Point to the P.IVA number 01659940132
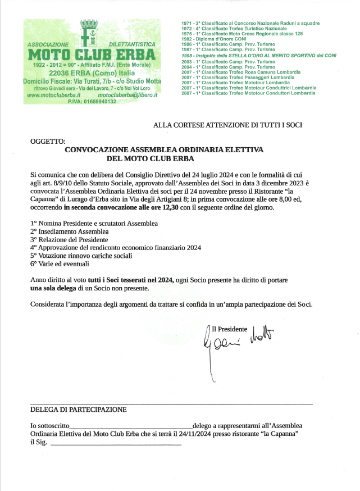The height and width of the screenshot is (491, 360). pyautogui.click(x=92, y=102)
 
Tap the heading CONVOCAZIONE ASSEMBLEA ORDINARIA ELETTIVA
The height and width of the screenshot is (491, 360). pyautogui.click(x=164, y=150)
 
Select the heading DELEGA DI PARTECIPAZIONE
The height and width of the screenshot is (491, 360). pyautogui.click(x=78, y=410)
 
